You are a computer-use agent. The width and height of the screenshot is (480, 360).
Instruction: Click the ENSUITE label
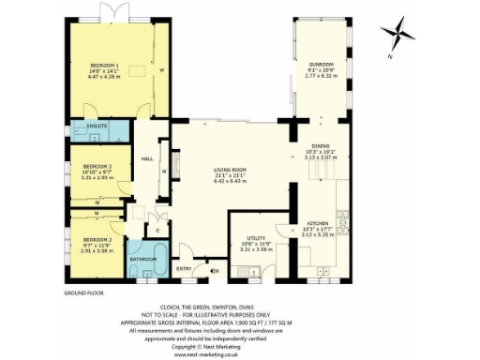point(97,125)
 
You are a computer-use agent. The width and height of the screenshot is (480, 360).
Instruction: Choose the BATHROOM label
point(142,258)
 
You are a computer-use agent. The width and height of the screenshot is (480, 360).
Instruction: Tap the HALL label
point(147,158)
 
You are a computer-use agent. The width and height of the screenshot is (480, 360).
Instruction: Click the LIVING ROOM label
point(229,168)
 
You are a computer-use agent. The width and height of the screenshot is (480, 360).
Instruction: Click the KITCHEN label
point(315,222)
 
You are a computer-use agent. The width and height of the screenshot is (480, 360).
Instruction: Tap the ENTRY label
point(184,271)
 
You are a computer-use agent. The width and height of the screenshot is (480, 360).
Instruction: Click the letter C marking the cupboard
point(158,229)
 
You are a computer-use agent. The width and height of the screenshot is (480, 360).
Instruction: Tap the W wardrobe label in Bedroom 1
point(162,70)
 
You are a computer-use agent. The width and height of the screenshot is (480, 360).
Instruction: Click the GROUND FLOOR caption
point(84,293)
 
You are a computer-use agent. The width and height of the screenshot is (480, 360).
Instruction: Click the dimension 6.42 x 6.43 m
point(229,181)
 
